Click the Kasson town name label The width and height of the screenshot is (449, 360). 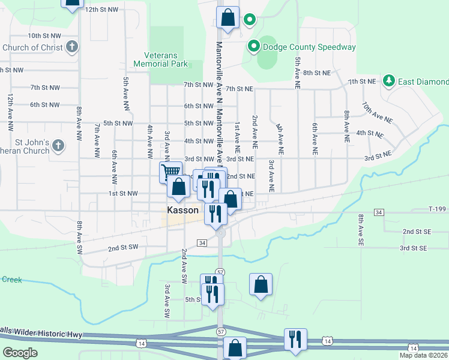[x=183, y=211]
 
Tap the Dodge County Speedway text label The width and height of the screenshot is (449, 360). [x=309, y=47]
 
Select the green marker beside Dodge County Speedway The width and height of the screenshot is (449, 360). [x=254, y=46]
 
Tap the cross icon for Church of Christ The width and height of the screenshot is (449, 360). [x=71, y=47]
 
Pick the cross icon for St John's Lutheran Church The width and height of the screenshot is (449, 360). [x=58, y=145]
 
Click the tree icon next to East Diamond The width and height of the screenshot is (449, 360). [x=389, y=80]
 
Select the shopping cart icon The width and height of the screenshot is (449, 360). [x=171, y=172]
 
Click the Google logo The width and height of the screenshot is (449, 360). [x=20, y=353]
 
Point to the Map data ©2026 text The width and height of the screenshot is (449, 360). [x=423, y=355]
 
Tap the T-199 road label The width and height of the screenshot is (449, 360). [x=438, y=209]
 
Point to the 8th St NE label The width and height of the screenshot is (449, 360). [x=317, y=73]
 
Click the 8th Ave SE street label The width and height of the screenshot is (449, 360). [x=361, y=230]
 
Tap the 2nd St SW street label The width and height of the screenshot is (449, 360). [x=123, y=247]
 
